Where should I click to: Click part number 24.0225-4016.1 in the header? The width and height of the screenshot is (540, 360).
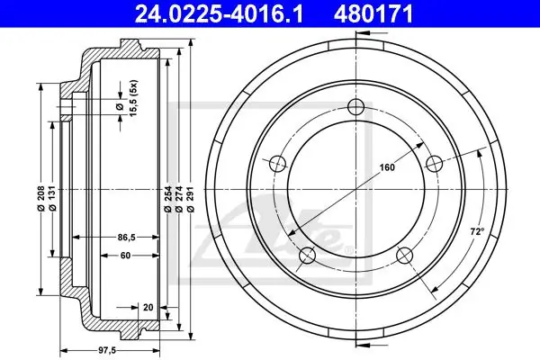(x=219, y=14)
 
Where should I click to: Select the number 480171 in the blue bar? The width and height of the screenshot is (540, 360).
(x=373, y=14)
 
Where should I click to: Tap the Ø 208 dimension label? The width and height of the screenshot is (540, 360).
(x=41, y=198)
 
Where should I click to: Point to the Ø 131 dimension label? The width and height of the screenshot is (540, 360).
(x=52, y=198)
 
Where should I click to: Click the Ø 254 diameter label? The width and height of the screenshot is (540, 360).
(x=167, y=199)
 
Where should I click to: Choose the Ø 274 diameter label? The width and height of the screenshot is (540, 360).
(x=179, y=199)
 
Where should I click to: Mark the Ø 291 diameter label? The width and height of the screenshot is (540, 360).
(x=191, y=199)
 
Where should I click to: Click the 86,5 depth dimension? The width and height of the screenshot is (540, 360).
(x=126, y=238)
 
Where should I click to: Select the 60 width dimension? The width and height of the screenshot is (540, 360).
(x=125, y=256)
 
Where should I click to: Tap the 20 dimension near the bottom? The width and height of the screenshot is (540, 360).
(x=148, y=307)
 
